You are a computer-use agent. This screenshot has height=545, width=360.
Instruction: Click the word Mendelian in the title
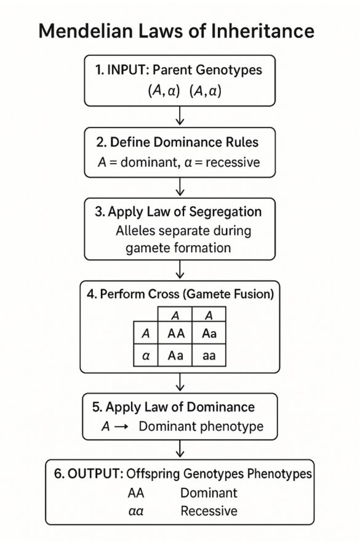click(86, 31)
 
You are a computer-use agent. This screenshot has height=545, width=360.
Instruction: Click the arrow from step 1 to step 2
click(180, 116)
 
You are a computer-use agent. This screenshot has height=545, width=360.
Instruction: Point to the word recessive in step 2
click(233, 162)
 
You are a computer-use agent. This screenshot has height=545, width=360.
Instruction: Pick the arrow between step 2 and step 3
click(180, 186)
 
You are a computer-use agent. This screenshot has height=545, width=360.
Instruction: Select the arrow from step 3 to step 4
click(180, 269)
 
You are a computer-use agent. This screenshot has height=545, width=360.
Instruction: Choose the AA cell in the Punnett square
click(175, 333)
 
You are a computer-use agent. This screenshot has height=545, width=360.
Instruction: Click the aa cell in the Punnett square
click(209, 356)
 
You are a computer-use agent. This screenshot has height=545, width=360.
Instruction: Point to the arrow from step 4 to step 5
click(180, 383)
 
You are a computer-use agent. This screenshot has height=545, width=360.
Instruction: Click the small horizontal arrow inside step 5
click(121, 427)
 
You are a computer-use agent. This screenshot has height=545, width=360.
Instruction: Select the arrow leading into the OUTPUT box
click(180, 449)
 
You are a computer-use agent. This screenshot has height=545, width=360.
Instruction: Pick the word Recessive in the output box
click(209, 511)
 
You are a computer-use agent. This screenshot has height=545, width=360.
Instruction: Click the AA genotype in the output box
click(135, 493)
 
